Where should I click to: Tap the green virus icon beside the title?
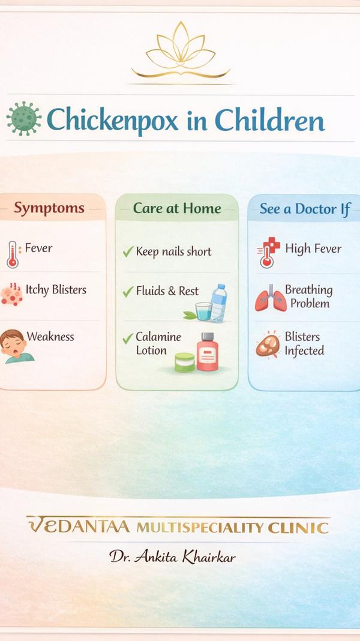tap(24, 119)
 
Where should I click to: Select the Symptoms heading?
tap(49, 208)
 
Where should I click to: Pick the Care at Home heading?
tap(177, 208)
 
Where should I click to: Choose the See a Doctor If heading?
tap(305, 209)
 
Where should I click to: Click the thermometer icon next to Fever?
tap(13, 254)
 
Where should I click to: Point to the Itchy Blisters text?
tap(56, 290)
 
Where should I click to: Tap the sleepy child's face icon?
tap(16, 346)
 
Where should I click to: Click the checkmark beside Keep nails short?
tap(128, 252)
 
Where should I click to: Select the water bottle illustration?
tap(218, 303)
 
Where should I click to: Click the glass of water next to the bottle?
tap(203, 311)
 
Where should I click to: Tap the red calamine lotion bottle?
tap(208, 352)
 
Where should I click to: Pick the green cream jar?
tap(185, 362)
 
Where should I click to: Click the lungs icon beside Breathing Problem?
tap(271, 298)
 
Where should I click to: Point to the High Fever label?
tap(313, 248)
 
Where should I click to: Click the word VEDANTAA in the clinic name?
tap(79, 526)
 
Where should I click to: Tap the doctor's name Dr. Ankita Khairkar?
tap(172, 556)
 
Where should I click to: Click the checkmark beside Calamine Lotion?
tap(128, 338)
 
